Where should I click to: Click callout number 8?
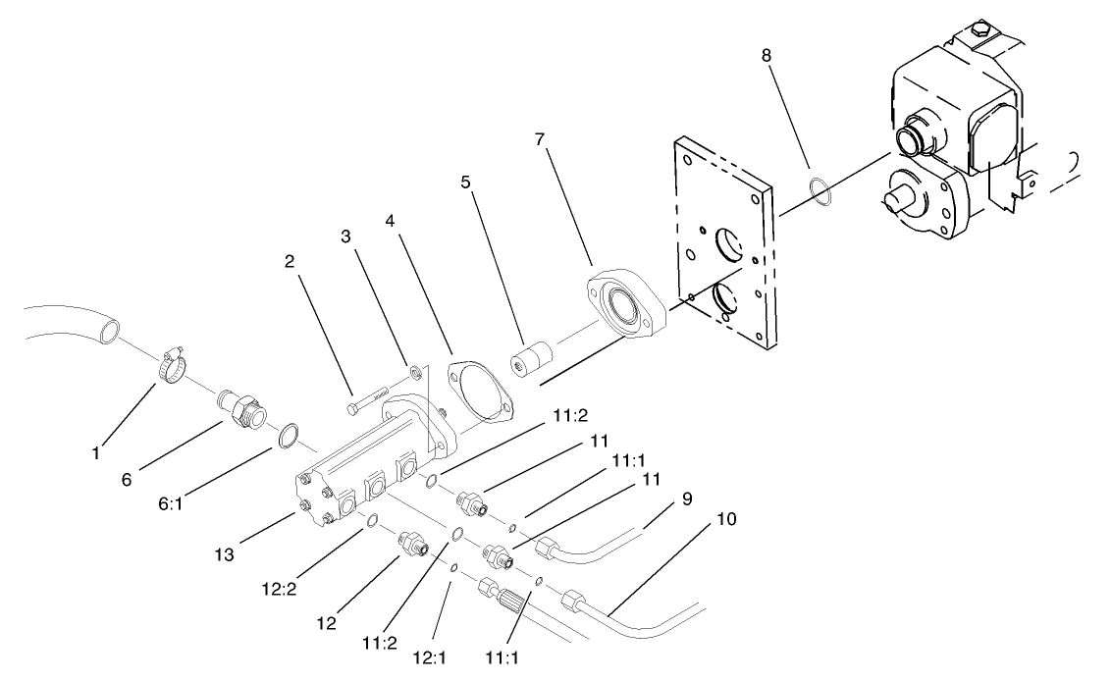pos(767,56)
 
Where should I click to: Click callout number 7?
pos(539,140)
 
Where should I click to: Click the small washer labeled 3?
pos(417,371)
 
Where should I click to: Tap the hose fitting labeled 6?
pos(239,405)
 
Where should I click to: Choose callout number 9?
pos(686,498)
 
